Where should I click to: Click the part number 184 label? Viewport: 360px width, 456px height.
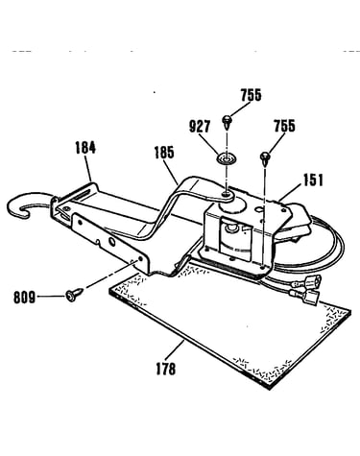(x=85, y=148)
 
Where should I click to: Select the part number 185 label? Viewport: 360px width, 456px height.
(x=164, y=153)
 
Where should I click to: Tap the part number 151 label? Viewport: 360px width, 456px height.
(x=312, y=180)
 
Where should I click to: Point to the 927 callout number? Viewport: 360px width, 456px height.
(x=200, y=127)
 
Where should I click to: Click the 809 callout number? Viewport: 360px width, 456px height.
(x=24, y=298)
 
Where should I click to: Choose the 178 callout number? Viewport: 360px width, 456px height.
(x=166, y=369)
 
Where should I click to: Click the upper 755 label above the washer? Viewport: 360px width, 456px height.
(x=251, y=95)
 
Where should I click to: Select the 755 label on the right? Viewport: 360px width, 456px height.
(x=284, y=126)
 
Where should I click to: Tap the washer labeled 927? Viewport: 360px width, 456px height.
(x=227, y=158)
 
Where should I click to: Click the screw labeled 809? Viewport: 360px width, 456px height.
(x=74, y=294)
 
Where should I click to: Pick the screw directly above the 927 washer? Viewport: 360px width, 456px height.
(x=227, y=122)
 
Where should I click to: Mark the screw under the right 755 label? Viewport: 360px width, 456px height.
(x=266, y=158)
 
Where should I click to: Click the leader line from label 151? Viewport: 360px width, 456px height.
(x=290, y=193)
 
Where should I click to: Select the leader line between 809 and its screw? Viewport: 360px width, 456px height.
(x=51, y=297)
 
